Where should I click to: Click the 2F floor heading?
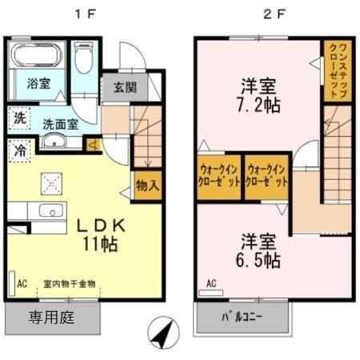pos(275,14)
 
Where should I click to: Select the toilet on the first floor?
pos(83,57)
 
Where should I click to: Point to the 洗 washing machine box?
pos(18,120)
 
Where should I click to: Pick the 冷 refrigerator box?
pos(18,150)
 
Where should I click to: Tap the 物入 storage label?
pos(147,185)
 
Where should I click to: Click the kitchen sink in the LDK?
pos(51,213)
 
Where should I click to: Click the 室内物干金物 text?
pos(70,283)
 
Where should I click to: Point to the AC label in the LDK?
pos(22,283)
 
